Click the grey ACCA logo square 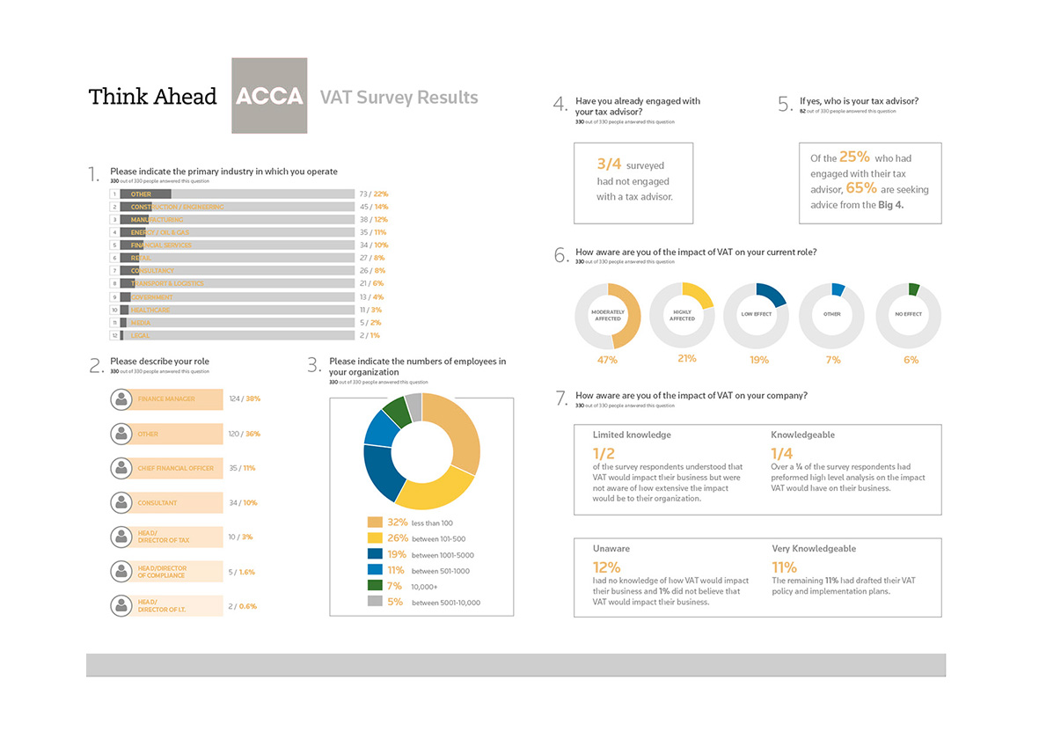[x=269, y=96]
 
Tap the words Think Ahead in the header [x=152, y=97]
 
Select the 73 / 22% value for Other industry [x=373, y=194]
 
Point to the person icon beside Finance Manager [x=121, y=399]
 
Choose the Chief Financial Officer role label [x=176, y=468]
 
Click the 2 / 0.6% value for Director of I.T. [x=242, y=606]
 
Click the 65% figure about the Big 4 [x=861, y=188]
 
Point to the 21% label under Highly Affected [x=687, y=358]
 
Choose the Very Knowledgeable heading [x=814, y=548]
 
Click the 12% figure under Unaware [x=606, y=567]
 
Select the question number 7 [x=561, y=398]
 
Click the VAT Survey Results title [x=399, y=97]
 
